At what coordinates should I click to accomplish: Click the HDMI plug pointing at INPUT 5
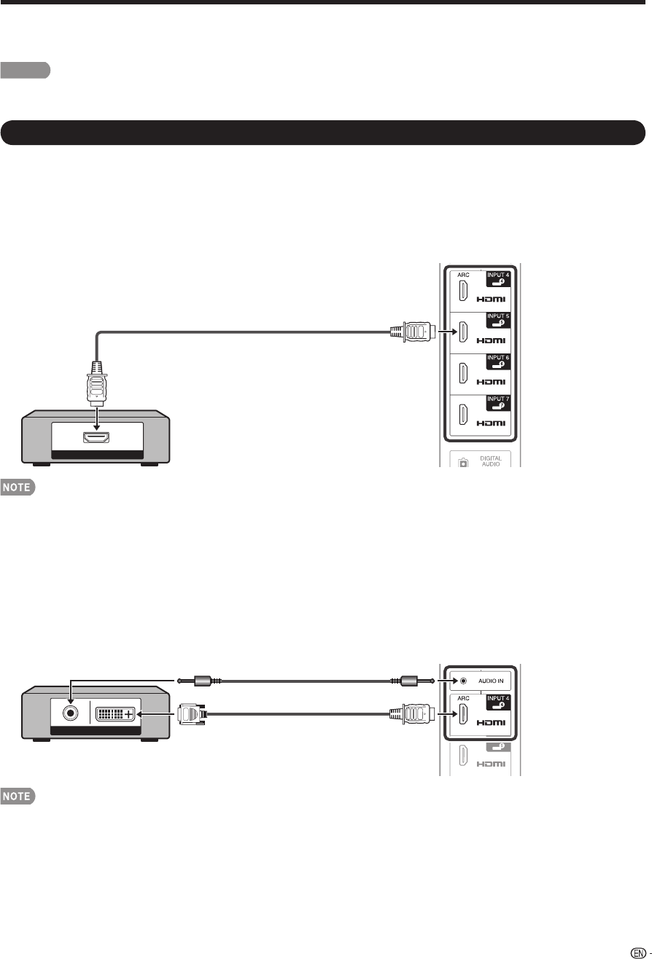coord(414,332)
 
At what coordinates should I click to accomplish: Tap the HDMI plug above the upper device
coord(98,381)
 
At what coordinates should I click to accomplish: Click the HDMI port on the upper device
coord(98,437)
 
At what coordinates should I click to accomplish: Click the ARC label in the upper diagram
coord(462,275)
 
